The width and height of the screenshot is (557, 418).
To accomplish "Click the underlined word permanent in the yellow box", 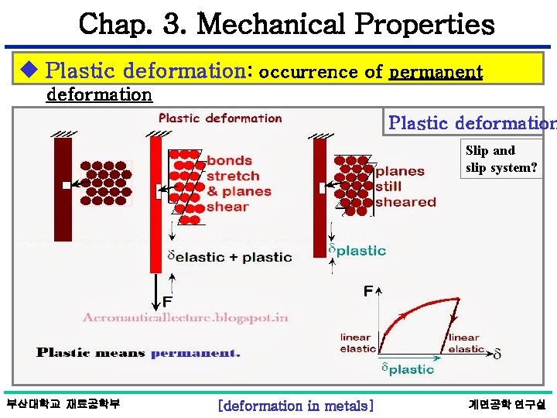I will [x=436, y=72].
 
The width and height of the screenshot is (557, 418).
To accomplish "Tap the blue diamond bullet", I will [x=29, y=71].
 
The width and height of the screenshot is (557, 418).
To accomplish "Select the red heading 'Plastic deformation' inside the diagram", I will [x=220, y=118].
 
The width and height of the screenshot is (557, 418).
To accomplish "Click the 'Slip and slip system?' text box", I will [x=501, y=159].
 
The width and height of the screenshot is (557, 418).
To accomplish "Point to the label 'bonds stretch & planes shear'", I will [x=238, y=183].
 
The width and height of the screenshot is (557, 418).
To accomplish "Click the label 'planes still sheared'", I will [x=405, y=187].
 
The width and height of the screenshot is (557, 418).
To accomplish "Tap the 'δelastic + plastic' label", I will [x=231, y=257].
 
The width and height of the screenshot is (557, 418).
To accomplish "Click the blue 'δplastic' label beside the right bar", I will [x=357, y=250].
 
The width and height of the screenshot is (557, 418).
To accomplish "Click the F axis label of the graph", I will [x=369, y=291].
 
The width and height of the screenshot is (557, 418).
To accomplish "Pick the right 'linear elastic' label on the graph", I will [x=465, y=343].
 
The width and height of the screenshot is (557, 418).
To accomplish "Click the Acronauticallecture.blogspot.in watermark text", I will [x=186, y=317].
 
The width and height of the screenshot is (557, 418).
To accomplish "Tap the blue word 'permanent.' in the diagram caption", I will [x=195, y=353].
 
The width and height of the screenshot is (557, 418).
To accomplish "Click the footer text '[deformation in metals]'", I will [x=296, y=405].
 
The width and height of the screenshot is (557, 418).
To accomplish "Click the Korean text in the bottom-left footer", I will [x=63, y=404].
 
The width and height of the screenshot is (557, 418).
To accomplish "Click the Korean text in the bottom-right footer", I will [x=507, y=404].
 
